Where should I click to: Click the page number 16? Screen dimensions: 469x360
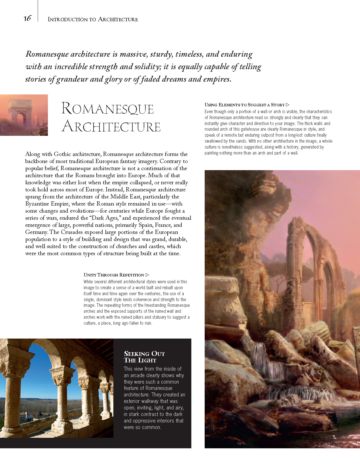click(27, 18)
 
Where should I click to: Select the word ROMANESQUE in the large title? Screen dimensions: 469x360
click(107, 109)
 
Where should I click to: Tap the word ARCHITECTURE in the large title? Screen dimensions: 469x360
click(111, 126)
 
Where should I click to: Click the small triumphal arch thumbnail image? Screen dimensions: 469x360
click(24, 115)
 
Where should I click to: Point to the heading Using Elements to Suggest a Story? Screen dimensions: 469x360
click(244, 105)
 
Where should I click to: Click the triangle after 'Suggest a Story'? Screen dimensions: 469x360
click(288, 105)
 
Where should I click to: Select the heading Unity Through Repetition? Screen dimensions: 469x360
click(114, 275)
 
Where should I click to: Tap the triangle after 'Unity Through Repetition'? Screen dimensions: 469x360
click(147, 275)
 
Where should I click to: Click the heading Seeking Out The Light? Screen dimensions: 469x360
click(144, 357)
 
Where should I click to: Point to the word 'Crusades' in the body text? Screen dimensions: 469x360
click(72, 232)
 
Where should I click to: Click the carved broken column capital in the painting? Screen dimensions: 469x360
click(224, 301)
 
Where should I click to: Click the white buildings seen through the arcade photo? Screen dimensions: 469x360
click(31, 416)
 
